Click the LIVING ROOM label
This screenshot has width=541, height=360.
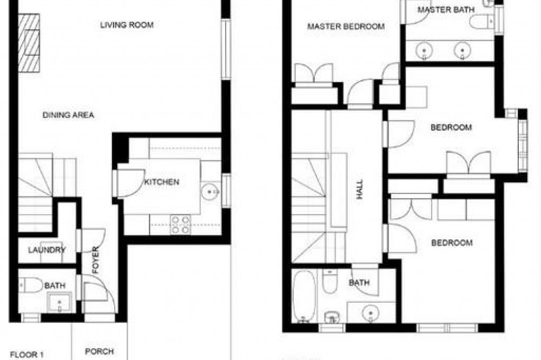pos(127,25)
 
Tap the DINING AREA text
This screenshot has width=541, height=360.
pos(68,115)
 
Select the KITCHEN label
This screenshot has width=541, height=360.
pos(161,182)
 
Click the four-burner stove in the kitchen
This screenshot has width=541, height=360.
pos(181,224)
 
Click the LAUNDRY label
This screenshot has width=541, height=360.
pos(47,250)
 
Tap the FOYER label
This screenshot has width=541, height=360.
pos(96,260)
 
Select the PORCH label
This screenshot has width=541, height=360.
pos(100,351)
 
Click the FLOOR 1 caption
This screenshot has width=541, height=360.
pos(27,355)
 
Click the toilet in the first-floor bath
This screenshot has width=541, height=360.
pos(30,285)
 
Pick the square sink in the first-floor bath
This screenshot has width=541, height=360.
pos(60,302)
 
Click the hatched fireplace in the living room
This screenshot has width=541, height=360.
pos(29,43)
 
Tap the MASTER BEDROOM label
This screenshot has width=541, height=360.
pos(346,26)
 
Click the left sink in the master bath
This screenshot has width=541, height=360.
pos(424,51)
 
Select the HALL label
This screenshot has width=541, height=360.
pos(360,189)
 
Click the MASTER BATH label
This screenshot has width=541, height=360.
pos(446,10)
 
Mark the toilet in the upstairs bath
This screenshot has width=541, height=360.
pos(330,282)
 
